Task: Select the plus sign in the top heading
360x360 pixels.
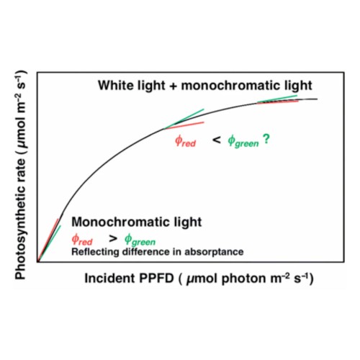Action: [173, 86]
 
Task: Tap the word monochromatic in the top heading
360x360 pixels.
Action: [230, 85]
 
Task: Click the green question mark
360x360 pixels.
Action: [266, 139]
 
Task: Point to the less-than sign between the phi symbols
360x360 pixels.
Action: [217, 140]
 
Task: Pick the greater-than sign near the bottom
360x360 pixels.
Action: [113, 238]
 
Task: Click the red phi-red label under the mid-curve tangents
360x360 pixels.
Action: [185, 141]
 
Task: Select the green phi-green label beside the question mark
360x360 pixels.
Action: [243, 142]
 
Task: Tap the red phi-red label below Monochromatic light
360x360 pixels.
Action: [82, 240]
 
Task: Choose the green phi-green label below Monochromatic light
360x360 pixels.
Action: [140, 240]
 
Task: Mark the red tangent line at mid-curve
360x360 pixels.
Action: [184, 125]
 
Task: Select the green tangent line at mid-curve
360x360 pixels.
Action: [184, 119]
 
